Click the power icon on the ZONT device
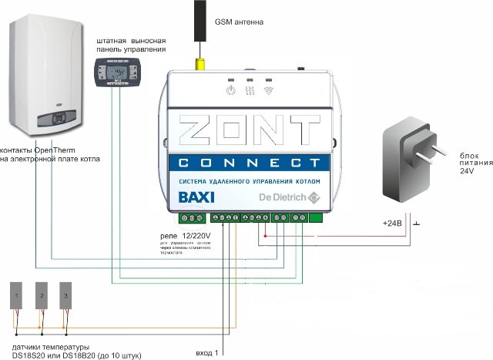230,90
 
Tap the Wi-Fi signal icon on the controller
269,90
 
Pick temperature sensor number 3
66,296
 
